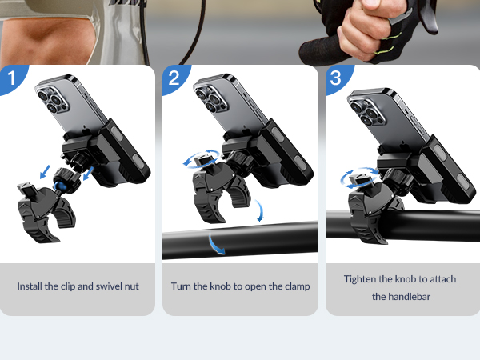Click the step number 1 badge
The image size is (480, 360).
(x=11, y=78)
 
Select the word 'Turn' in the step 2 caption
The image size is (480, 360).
(x=182, y=286)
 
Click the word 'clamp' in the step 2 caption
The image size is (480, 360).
(x=294, y=286)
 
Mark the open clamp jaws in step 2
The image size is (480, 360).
(x=221, y=200)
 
